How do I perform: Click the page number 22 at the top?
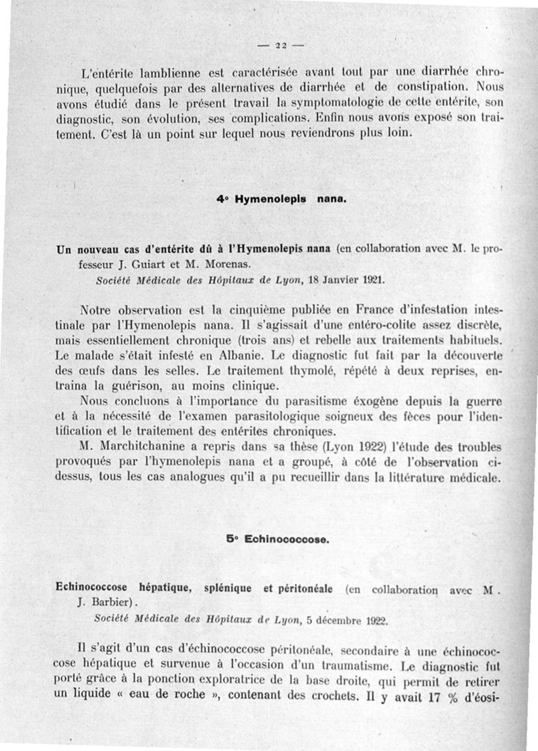click(280, 45)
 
